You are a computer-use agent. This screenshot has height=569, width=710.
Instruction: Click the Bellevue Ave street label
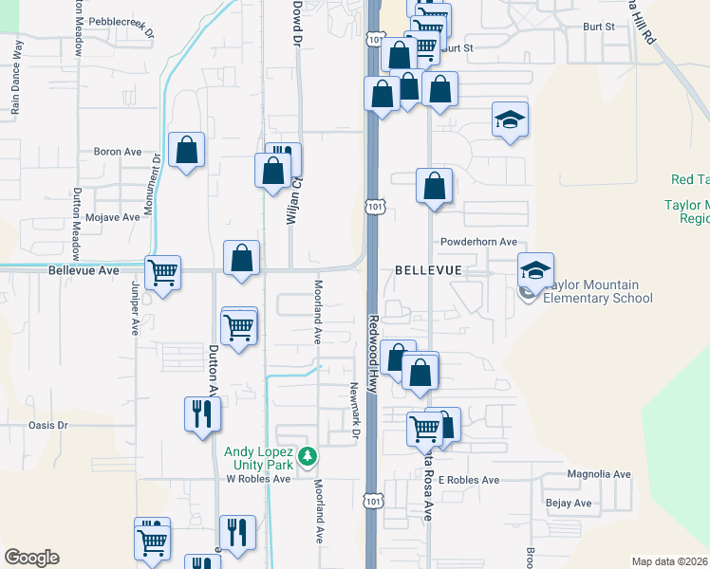tap(84, 270)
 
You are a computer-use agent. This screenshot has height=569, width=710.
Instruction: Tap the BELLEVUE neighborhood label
tap(428, 270)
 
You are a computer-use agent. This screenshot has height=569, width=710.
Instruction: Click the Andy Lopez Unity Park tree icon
tap(307, 457)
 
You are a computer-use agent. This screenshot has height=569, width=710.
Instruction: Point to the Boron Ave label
tap(117, 151)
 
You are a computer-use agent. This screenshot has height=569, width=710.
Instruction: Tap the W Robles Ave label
tap(257, 479)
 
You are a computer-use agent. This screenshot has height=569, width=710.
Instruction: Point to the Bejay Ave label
tap(569, 503)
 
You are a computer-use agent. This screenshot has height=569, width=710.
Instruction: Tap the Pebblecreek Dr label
tap(122, 25)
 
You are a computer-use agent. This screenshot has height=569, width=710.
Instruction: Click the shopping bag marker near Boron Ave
tap(186, 150)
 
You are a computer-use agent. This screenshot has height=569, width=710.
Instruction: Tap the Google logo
tap(31, 558)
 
